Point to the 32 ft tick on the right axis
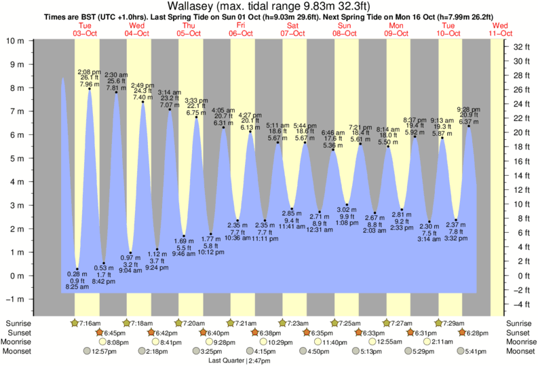pyautogui.click(x=520, y=47)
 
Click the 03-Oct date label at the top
pyautogui.click(x=86, y=33)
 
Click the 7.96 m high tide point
pyautogui.click(x=89, y=88)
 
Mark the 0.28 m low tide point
pyautogui.click(x=77, y=269)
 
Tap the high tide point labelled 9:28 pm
pyautogui.click(x=468, y=126)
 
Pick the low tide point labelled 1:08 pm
pyautogui.click(x=347, y=204)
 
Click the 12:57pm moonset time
pyautogui.click(x=100, y=352)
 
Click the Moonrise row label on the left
pyautogui.click(x=20, y=342)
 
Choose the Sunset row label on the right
pyautogui.click(x=519, y=333)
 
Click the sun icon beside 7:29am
pyautogui.click(x=438, y=323)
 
